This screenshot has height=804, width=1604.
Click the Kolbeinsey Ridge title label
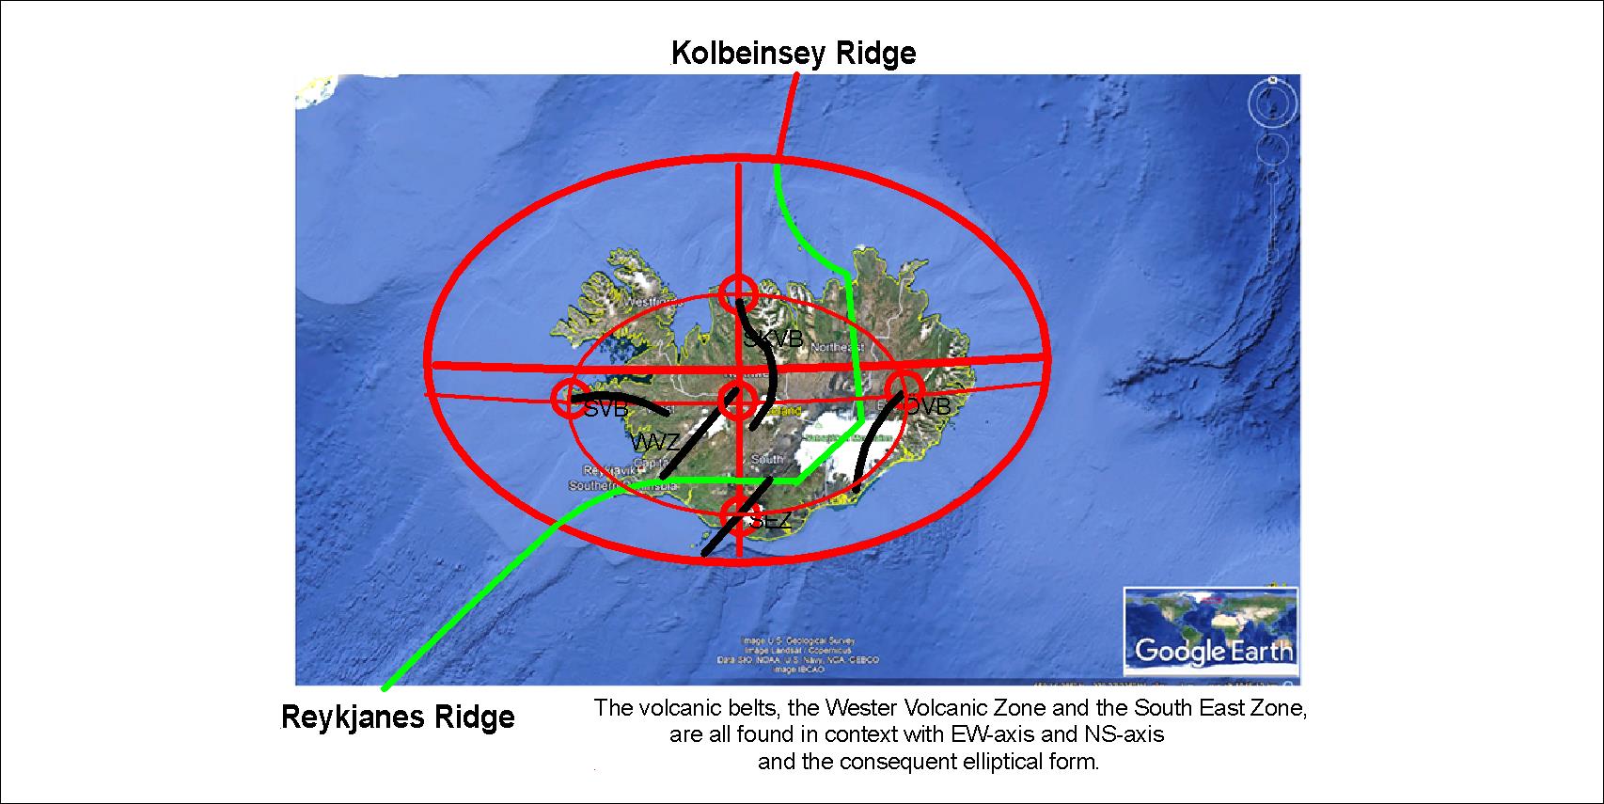(793, 54)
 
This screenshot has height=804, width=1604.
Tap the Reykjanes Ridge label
(398, 717)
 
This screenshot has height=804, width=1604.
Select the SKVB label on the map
(773, 339)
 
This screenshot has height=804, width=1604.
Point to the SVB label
(605, 410)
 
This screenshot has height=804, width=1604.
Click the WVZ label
(655, 442)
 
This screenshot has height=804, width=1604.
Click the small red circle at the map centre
(737, 402)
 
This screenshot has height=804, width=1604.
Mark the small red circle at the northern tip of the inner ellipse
(738, 293)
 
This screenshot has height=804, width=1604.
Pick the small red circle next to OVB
(904, 389)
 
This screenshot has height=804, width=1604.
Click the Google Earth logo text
(1213, 650)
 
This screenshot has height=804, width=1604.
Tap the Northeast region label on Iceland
(836, 347)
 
